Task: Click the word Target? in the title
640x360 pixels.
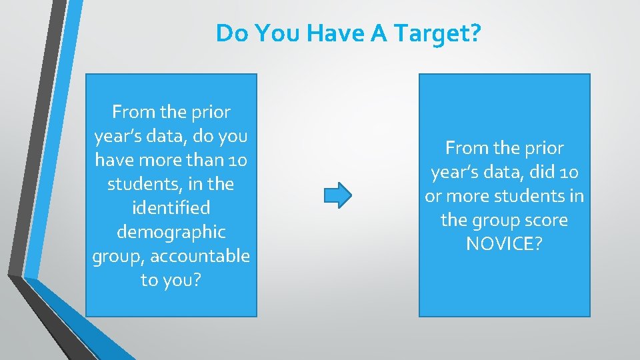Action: click(x=439, y=33)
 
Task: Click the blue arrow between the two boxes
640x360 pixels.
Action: click(x=337, y=195)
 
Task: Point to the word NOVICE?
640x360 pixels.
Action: click(x=504, y=244)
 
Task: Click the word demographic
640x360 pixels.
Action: click(x=171, y=232)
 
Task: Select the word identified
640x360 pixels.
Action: click(x=171, y=208)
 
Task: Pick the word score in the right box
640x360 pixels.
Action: click(x=545, y=220)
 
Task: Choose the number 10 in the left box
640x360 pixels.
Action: click(x=237, y=160)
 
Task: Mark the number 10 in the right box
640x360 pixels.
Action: click(x=569, y=172)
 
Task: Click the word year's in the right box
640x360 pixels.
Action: click(x=457, y=172)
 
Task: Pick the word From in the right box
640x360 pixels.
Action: click(x=467, y=148)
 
